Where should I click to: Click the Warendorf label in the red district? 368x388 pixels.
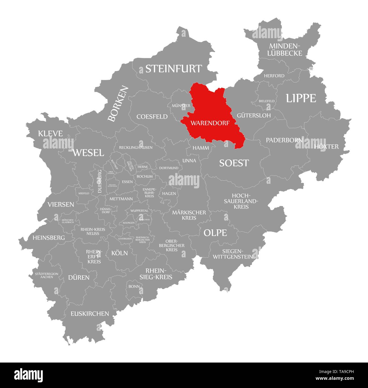[209, 123]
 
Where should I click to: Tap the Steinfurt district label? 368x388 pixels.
[174, 69]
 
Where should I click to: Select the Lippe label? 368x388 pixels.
[301, 98]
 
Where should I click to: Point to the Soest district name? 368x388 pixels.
[234, 163]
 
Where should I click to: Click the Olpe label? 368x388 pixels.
[215, 233]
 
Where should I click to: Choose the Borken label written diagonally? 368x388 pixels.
[118, 104]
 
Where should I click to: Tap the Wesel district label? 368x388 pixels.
[88, 153]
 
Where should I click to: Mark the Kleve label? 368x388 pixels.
[50, 133]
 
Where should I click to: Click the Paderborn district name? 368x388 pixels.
[284, 140]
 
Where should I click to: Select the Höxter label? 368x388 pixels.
[326, 146]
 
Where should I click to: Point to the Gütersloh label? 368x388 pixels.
[254, 115]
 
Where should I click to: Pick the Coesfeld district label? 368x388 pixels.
[152, 117]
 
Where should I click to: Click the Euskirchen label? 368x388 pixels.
[90, 313]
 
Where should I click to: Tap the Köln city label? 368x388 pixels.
[119, 253]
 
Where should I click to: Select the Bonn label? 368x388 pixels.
[134, 286]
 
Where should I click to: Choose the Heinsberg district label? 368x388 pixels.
[49, 238]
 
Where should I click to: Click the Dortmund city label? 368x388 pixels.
[169, 168]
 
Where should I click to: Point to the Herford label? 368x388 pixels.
[274, 76]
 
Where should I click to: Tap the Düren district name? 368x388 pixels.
[79, 277]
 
